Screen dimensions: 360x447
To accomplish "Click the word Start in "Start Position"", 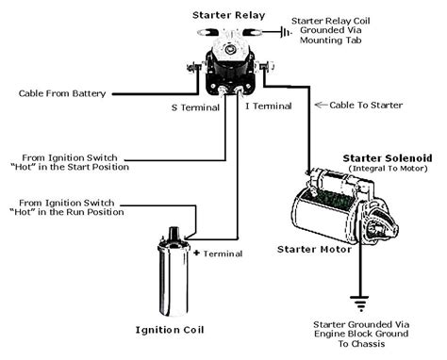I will tap(90, 168).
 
